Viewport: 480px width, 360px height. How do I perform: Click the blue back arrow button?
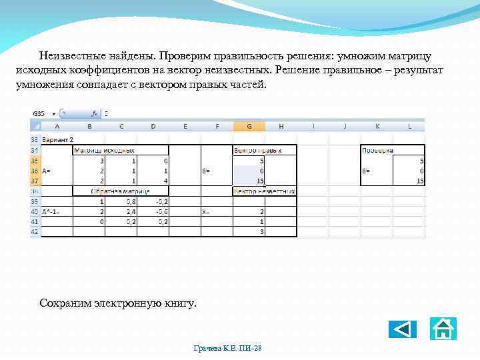tap(402, 329)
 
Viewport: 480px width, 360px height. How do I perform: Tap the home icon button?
tap(443, 329)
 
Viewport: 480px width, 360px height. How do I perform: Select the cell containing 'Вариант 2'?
tap(58, 141)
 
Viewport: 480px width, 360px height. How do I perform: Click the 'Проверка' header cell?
tap(377, 151)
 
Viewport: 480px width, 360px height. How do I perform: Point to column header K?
tap(377, 125)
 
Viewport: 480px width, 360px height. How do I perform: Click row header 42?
tap(34, 231)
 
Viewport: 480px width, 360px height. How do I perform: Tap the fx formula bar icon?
tap(95, 113)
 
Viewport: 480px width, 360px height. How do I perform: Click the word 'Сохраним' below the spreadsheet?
tap(66, 303)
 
